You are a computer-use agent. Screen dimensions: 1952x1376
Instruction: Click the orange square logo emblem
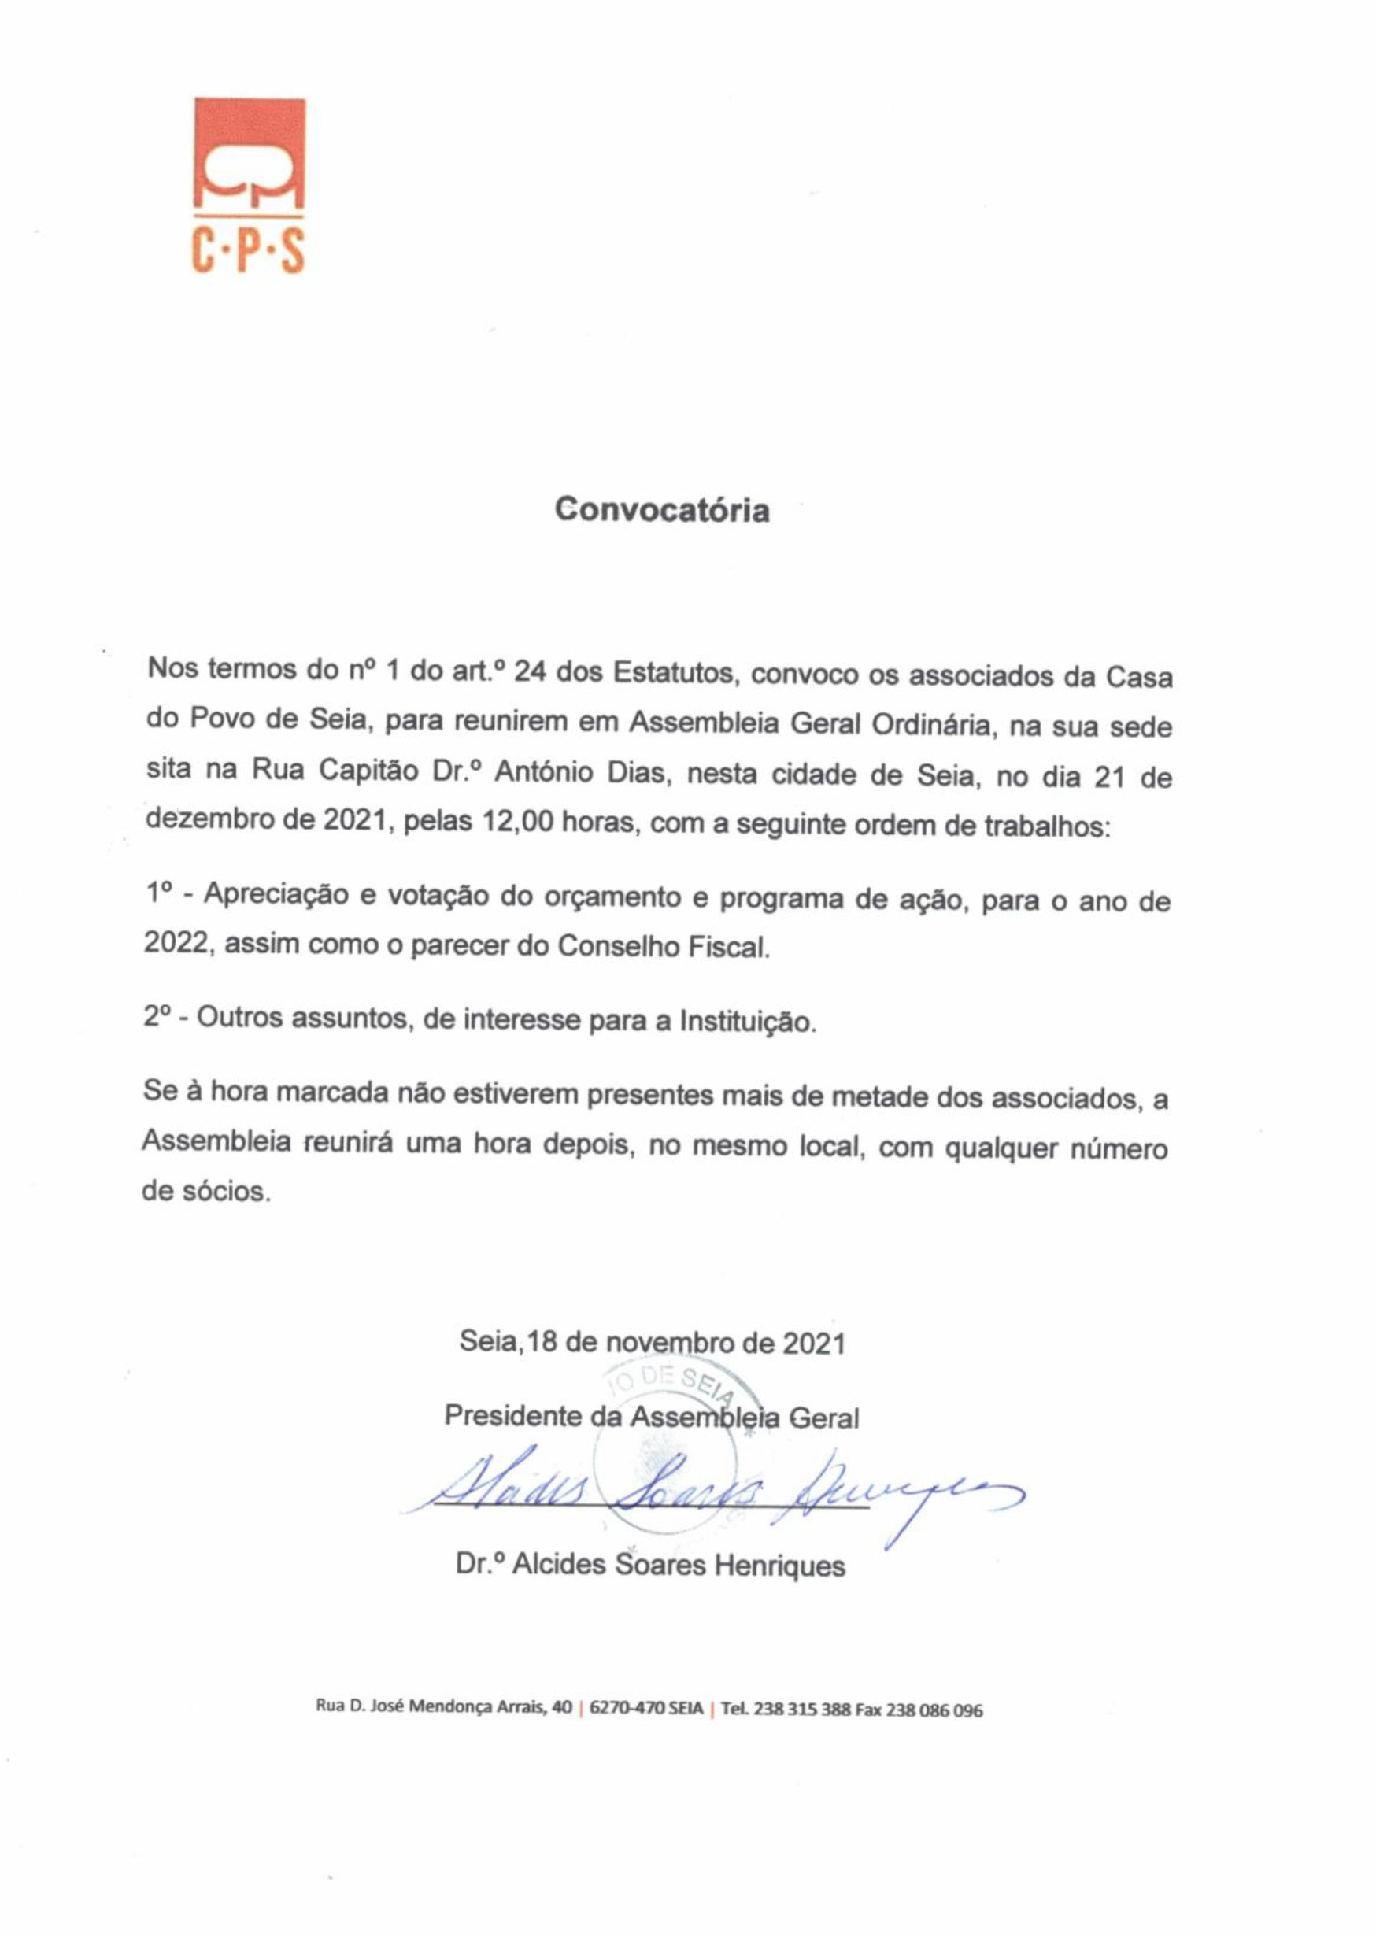point(250,153)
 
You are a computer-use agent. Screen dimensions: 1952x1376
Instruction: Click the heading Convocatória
point(662,510)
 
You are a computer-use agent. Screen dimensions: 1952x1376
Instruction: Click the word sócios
point(227,1192)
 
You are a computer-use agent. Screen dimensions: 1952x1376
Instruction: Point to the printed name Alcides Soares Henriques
point(679,1566)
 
